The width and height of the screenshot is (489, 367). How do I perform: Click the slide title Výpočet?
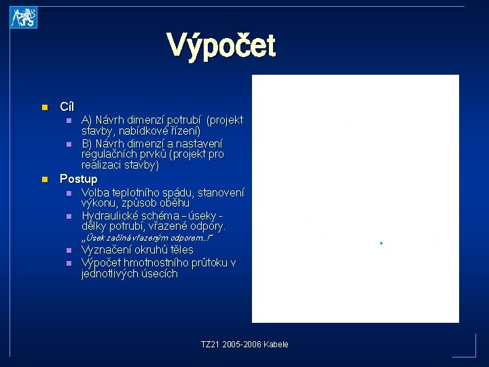point(221,47)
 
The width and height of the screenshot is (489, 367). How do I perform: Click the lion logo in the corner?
point(24,18)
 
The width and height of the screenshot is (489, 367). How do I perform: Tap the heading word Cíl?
point(67,107)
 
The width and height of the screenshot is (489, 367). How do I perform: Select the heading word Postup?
point(79,179)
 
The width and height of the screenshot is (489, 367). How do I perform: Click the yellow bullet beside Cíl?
point(43,107)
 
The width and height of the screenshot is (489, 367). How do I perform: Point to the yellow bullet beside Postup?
point(43,179)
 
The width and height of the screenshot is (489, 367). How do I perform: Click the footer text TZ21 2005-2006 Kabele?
point(244,345)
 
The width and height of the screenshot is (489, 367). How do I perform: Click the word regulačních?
point(107,154)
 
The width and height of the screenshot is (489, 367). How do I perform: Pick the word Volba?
point(96,192)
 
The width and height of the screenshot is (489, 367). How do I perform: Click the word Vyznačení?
point(109,250)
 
